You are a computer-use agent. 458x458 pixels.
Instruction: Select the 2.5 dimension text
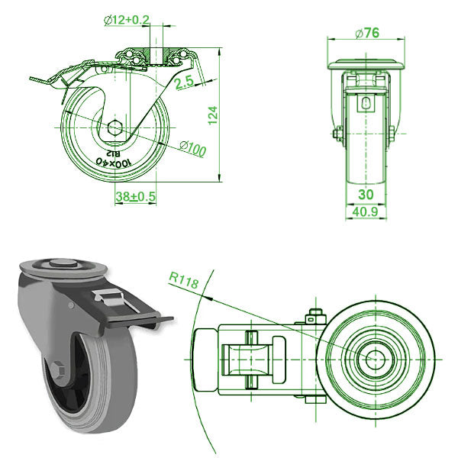[x=185, y=83]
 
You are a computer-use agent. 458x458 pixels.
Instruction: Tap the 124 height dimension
[x=214, y=114]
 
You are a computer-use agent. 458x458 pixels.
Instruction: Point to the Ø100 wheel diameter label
[x=192, y=150]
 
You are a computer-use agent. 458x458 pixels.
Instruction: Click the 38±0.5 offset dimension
[x=135, y=196]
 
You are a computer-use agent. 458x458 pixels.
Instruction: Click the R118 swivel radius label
[x=185, y=283]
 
